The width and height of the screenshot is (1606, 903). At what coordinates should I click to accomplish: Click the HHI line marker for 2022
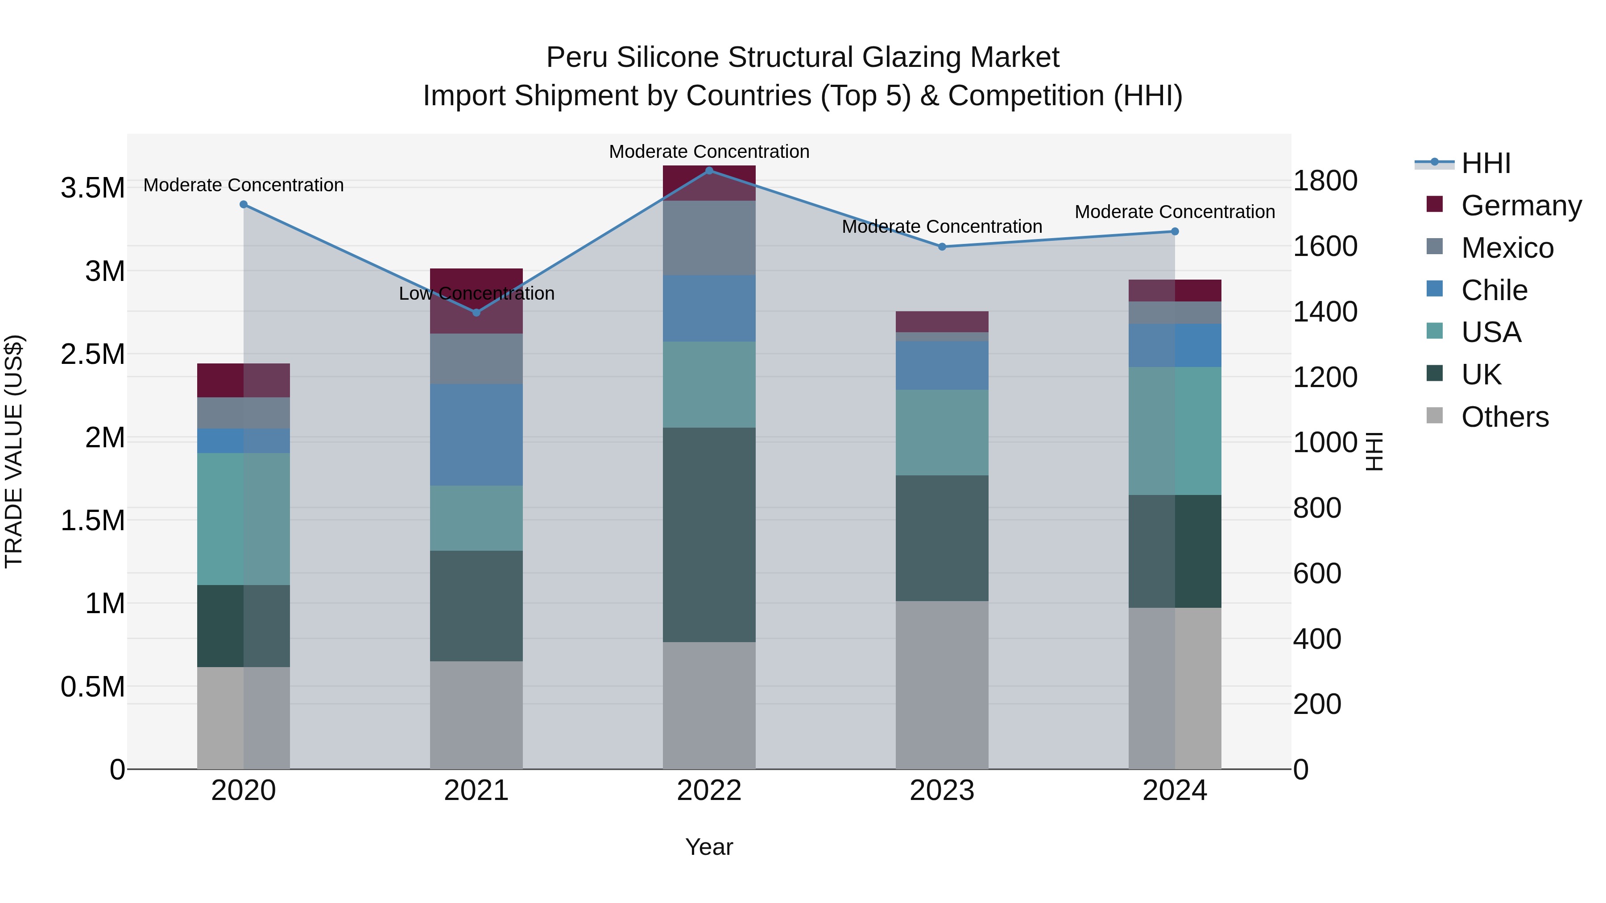[x=709, y=171]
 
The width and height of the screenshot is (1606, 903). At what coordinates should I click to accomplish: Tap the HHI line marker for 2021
[x=476, y=312]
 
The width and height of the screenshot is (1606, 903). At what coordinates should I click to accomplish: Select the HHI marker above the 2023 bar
[x=942, y=247]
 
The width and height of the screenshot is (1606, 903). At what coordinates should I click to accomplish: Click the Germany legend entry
[x=1521, y=206]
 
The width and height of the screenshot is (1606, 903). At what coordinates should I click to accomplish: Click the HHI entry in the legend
[x=1486, y=163]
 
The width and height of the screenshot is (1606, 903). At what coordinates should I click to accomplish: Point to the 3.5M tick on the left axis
[x=93, y=188]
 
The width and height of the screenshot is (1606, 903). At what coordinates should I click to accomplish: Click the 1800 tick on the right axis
[x=1325, y=181]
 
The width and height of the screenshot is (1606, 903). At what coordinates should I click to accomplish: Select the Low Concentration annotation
[x=476, y=293]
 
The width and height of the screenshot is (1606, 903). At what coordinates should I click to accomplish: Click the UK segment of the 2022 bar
[x=709, y=535]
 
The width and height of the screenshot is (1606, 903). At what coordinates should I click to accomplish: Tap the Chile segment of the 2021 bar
[x=476, y=434]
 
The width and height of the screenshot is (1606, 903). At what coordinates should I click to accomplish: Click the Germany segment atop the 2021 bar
[x=476, y=301]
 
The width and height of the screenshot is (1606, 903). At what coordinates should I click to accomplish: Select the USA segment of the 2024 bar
[x=1175, y=431]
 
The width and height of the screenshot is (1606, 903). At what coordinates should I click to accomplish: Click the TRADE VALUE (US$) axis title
[x=14, y=451]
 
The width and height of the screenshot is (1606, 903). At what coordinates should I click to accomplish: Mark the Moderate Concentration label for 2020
[x=243, y=185]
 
